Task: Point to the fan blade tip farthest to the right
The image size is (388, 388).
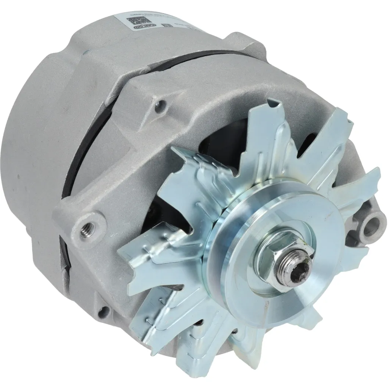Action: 373,178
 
